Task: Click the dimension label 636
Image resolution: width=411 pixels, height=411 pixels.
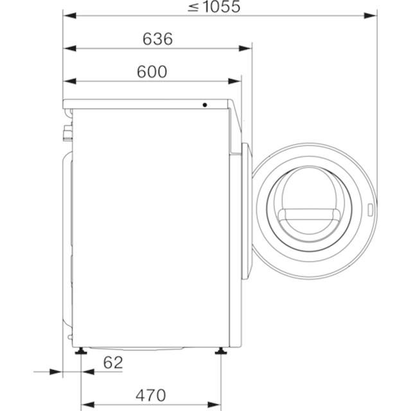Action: pyautogui.click(x=157, y=39)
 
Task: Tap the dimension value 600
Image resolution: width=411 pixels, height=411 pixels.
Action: pyautogui.click(x=152, y=71)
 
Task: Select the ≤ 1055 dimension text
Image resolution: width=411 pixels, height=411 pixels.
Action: pyautogui.click(x=214, y=6)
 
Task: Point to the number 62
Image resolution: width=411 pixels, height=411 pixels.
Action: pyautogui.click(x=113, y=363)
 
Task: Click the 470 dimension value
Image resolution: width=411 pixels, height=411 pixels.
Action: pyautogui.click(x=151, y=396)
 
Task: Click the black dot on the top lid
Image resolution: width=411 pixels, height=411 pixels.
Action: pyautogui.click(x=205, y=105)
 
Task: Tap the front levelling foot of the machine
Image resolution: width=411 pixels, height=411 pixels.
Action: pyautogui.click(x=221, y=351)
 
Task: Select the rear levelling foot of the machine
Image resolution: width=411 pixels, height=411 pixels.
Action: pyautogui.click(x=81, y=351)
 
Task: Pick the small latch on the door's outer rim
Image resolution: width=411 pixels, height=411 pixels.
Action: pyautogui.click(x=370, y=210)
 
